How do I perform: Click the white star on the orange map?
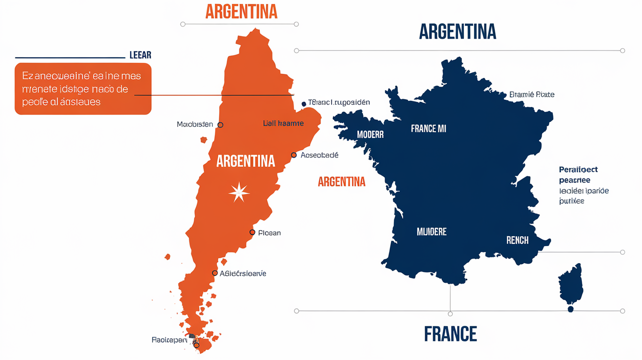coord(239,192)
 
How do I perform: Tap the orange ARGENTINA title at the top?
coord(241,12)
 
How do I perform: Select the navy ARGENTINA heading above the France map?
coord(458,32)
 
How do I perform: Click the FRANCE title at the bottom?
coord(450,334)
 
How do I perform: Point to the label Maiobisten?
coord(195,124)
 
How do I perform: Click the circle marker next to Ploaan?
coord(252,232)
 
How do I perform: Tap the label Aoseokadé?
coord(319,155)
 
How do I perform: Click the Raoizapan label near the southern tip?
coord(169,339)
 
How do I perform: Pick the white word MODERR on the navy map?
coord(370,135)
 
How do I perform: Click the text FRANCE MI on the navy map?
coord(428,129)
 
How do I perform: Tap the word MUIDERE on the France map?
coord(432,231)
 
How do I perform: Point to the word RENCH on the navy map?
coord(517,240)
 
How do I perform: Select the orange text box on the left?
coord(83,89)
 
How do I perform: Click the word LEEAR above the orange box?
coord(140,55)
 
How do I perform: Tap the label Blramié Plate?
coord(532,94)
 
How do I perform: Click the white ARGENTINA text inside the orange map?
coord(246,161)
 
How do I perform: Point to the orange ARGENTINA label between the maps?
coord(342,182)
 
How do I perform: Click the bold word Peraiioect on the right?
coord(578,170)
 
